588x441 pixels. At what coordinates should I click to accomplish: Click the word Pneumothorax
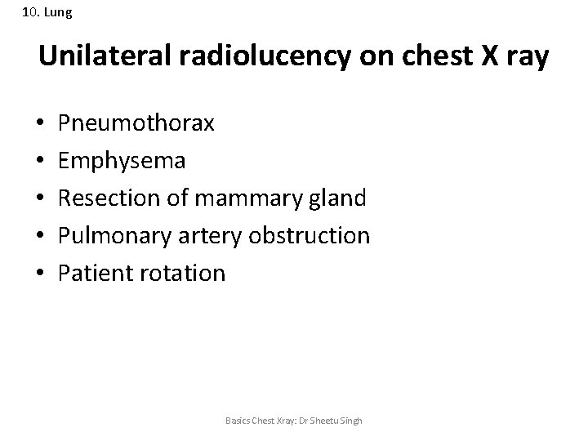coord(136,123)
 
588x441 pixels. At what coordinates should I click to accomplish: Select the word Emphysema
coord(122,161)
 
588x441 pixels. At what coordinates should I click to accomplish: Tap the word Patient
coord(92,273)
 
